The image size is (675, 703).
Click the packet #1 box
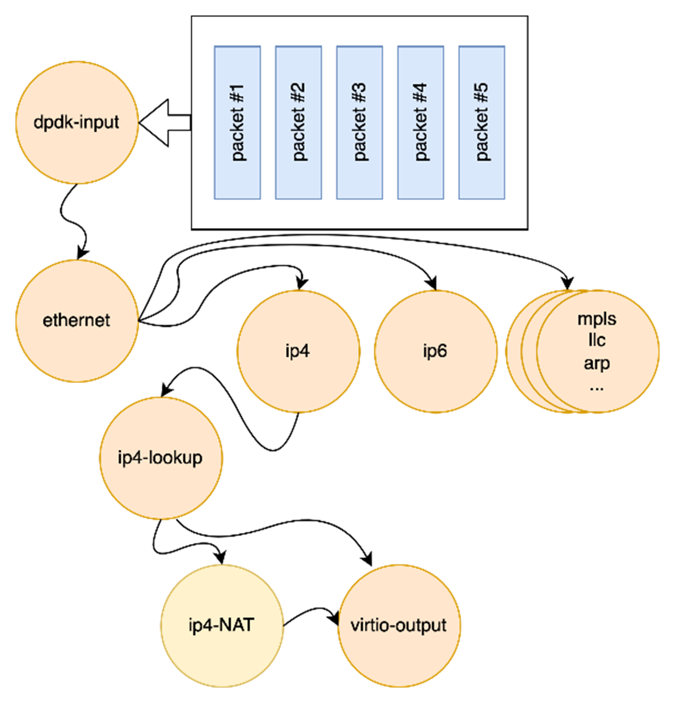(237, 122)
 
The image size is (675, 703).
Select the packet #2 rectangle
(299, 122)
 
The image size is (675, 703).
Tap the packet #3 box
(359, 122)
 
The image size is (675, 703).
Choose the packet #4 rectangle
(421, 122)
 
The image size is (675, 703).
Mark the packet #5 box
(481, 122)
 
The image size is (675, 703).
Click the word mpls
(597, 318)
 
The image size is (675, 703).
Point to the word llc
(597, 340)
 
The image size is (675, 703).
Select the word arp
(597, 363)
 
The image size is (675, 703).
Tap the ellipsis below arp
(597, 387)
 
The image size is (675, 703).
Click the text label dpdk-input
(77, 122)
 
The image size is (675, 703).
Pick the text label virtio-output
(399, 626)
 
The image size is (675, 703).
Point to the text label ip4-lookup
(160, 458)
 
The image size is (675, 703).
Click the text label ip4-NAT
(222, 626)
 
